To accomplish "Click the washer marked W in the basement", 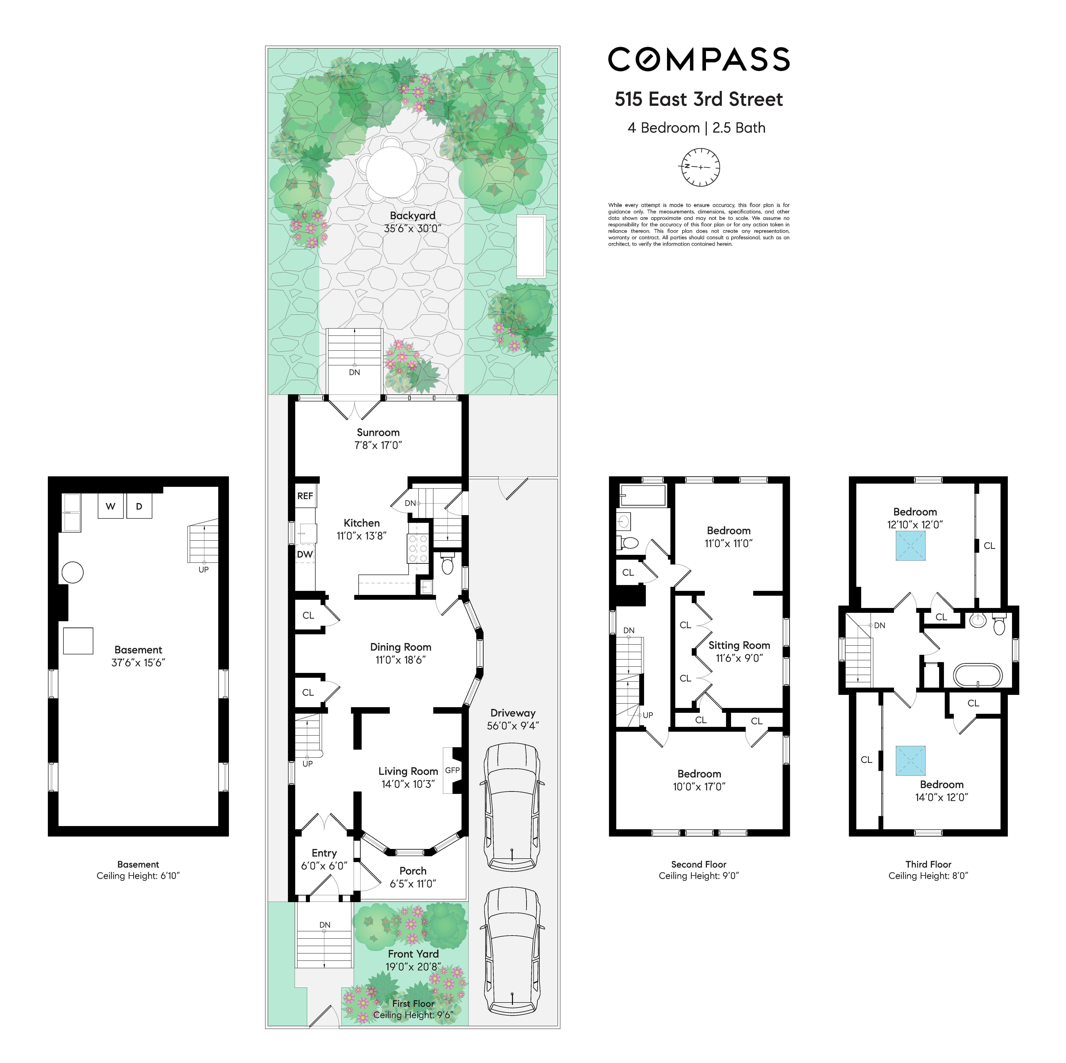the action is pos(110,506).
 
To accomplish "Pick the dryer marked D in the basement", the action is pos(139,506).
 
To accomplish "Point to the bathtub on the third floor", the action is pos(978,675).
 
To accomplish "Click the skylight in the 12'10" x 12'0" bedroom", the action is pos(910,546).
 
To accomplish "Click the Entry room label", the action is pos(324,853).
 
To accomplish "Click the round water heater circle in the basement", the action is pos(72,572).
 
